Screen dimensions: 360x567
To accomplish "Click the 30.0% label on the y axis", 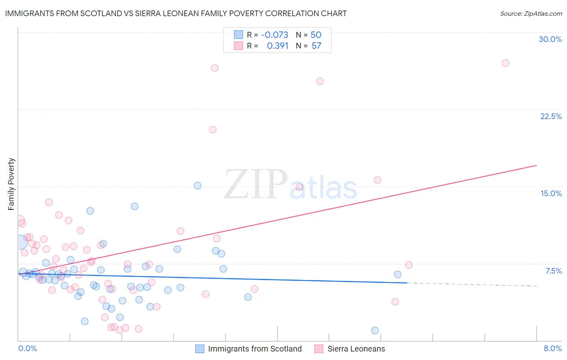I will point(550,39).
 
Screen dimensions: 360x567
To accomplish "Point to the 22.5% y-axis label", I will point(551,116).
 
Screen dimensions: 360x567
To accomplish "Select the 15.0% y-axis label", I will point(551,193).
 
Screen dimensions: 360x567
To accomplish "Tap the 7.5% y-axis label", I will point(553,271).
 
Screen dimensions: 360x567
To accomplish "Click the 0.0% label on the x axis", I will point(27,348).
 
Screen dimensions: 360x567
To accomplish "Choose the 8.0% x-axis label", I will point(552,348).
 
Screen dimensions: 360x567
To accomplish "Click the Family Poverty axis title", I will point(11,184).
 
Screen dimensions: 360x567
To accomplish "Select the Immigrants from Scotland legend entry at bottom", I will point(254,349).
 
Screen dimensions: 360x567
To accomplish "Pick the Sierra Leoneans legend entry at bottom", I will point(356,349).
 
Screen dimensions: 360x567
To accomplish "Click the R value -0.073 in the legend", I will point(275,35).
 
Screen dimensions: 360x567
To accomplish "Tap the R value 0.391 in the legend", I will point(277,46).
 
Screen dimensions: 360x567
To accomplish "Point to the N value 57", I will point(316,46).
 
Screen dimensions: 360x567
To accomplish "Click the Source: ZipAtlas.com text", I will point(531,14).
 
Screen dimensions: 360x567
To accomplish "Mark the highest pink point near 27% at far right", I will point(505,63).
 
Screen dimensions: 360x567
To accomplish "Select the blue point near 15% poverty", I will point(198,186).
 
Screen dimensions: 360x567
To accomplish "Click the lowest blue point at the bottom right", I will point(375,331).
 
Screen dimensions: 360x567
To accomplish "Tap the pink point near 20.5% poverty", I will point(213,130).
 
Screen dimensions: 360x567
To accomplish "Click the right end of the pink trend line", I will point(536,165).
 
